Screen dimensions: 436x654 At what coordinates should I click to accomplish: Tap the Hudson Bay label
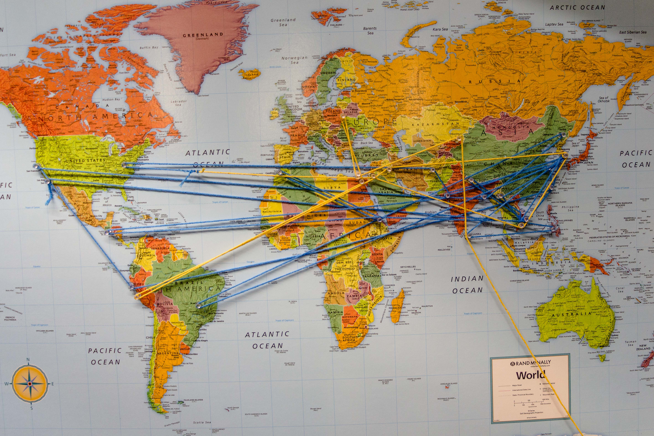(x=111, y=99)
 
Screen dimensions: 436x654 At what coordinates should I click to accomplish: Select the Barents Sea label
(x=370, y=31)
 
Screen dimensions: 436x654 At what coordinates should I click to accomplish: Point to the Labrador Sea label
(x=179, y=103)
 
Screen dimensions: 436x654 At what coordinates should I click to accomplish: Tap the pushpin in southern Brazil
(x=198, y=306)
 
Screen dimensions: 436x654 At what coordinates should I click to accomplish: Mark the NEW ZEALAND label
(x=643, y=347)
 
